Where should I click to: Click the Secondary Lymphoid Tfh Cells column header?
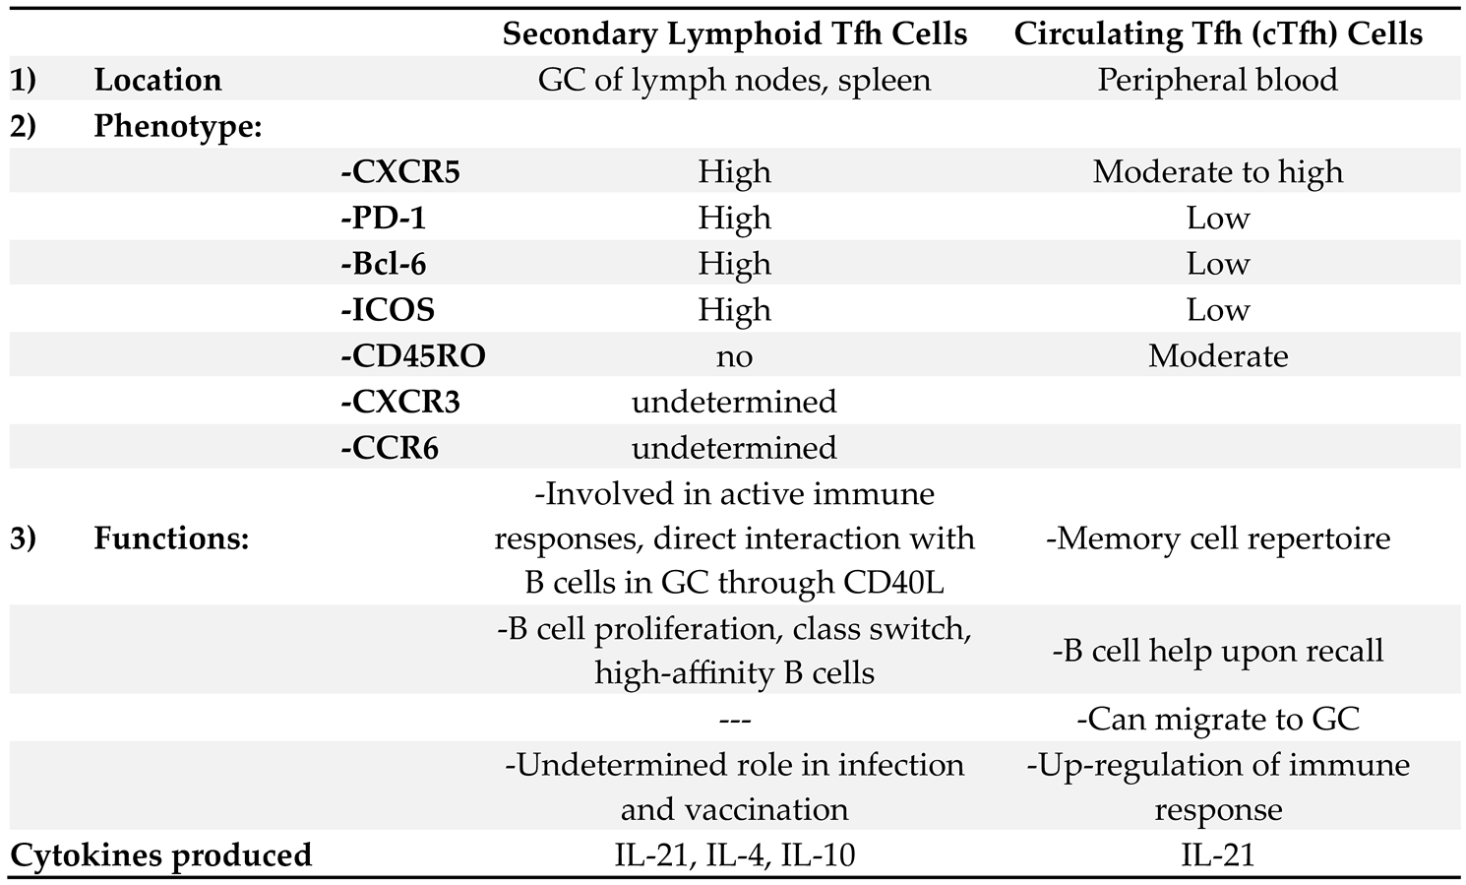(x=734, y=33)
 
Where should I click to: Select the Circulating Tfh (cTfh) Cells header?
(x=1218, y=33)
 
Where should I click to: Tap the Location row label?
(x=157, y=80)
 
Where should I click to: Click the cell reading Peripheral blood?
(x=1218, y=80)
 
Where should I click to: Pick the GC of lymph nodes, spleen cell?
(x=734, y=80)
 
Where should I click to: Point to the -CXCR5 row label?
(x=400, y=172)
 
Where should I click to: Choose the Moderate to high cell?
(x=1218, y=172)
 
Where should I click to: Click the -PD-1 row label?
(x=383, y=218)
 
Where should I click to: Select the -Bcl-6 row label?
(x=383, y=264)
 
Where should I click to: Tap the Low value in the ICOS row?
(x=1218, y=310)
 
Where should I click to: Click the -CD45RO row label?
(x=413, y=355)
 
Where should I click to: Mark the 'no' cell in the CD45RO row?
(x=734, y=355)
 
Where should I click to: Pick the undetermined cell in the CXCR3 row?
(x=734, y=402)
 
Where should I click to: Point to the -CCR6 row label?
(x=390, y=448)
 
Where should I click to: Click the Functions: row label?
(x=171, y=539)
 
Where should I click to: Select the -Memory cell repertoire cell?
(x=1218, y=539)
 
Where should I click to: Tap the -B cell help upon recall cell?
(x=1218, y=651)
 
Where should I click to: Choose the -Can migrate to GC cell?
(x=1218, y=719)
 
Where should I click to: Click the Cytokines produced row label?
(x=160, y=854)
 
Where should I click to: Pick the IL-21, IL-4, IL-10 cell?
(x=734, y=854)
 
